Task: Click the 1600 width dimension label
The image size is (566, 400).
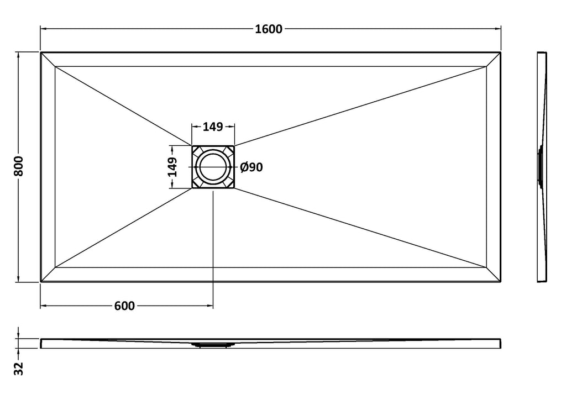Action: [x=269, y=29]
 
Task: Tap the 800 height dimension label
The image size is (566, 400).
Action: [x=18, y=166]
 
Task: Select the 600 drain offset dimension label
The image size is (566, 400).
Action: [x=124, y=306]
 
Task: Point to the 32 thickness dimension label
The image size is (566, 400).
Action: [x=18, y=369]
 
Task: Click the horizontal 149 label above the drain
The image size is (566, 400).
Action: [x=213, y=127]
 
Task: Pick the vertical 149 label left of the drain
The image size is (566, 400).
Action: [x=172, y=167]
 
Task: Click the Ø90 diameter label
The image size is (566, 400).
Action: [x=251, y=167]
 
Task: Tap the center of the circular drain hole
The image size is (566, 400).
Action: [x=213, y=167]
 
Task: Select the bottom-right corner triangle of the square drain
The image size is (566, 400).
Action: [x=229, y=183]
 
